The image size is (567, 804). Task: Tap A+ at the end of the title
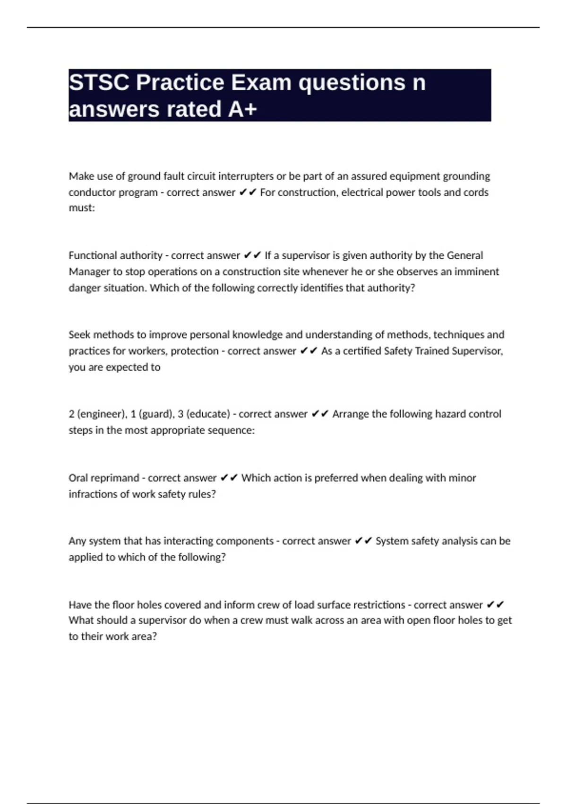tap(242, 109)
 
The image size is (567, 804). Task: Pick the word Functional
tap(92, 255)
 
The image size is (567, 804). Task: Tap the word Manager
tap(89, 272)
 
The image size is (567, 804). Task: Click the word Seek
tap(79, 335)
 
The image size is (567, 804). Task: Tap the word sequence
tap(231, 430)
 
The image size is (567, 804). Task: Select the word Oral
tap(79, 478)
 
